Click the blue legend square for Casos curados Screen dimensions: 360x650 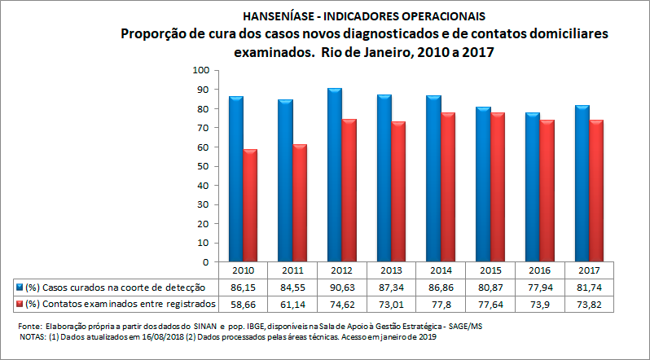(19, 288)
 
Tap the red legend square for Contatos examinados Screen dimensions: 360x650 (19, 304)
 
